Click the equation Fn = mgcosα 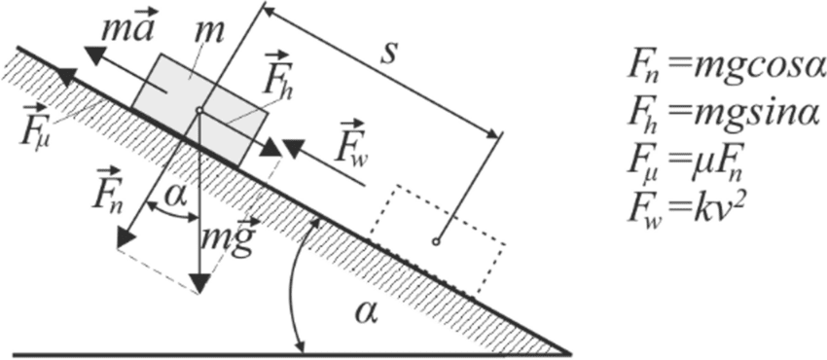724,67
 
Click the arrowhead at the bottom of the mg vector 199,283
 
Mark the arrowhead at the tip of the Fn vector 125,237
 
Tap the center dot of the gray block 198,112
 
